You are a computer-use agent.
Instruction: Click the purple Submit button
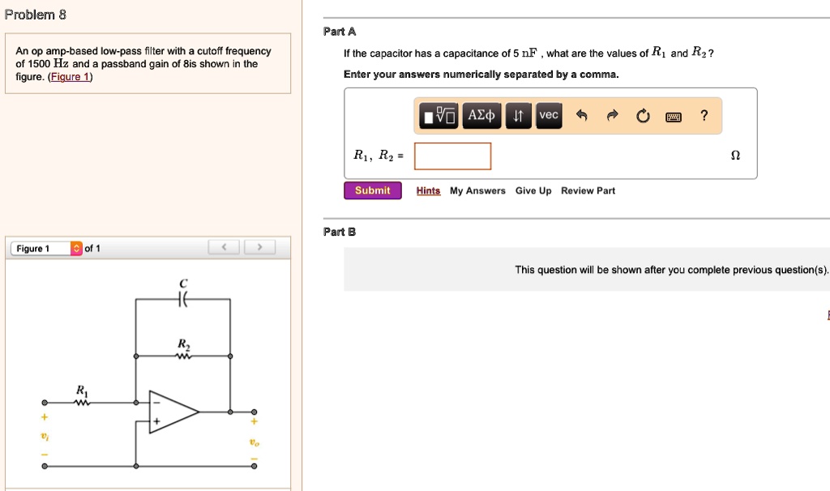[372, 190]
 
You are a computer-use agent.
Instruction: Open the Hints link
[428, 191]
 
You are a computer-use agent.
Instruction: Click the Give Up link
[533, 191]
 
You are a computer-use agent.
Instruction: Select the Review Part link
[588, 191]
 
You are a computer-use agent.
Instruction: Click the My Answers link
[477, 191]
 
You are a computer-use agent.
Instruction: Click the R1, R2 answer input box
[452, 156]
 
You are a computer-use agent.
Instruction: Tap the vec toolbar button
[549, 116]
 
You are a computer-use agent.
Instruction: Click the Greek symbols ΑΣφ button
[483, 116]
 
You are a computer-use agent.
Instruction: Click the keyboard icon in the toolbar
[673, 117]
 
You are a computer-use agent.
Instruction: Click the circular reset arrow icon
[643, 117]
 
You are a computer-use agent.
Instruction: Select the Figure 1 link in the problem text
[71, 77]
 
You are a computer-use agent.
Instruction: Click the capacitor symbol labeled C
[182, 299]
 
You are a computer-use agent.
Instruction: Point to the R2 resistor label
[183, 344]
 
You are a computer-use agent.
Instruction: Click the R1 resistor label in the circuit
[81, 391]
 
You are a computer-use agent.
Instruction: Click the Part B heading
[340, 232]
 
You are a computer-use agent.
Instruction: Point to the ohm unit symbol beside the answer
[735, 156]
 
